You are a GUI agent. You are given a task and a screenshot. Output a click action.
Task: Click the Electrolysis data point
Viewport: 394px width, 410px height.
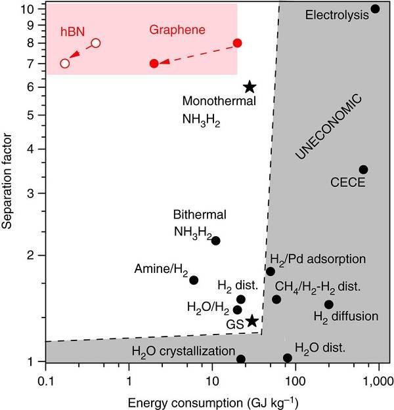point(375,9)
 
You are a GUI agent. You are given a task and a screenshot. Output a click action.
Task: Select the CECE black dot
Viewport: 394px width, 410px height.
point(363,169)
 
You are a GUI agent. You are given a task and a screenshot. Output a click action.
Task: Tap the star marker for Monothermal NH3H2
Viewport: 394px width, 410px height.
point(250,87)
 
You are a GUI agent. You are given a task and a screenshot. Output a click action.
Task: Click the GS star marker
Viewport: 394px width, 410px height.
point(252,321)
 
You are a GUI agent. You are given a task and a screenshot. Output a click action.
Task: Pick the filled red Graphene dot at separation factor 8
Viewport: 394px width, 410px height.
point(238,43)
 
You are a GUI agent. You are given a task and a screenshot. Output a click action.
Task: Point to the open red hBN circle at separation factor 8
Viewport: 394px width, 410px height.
point(96,43)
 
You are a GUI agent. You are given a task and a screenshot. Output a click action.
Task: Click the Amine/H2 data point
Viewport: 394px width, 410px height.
point(194,280)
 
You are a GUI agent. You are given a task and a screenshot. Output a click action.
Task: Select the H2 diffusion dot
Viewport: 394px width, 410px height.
point(329,304)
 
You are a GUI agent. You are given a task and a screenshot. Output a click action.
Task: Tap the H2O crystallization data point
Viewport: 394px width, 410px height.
point(241,359)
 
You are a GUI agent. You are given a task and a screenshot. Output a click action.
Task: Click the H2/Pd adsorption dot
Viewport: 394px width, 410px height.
point(271,271)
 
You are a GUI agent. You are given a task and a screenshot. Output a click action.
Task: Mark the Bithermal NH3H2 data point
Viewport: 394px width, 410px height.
point(215,241)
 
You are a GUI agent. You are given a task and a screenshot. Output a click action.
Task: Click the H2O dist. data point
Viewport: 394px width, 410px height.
point(288,358)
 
